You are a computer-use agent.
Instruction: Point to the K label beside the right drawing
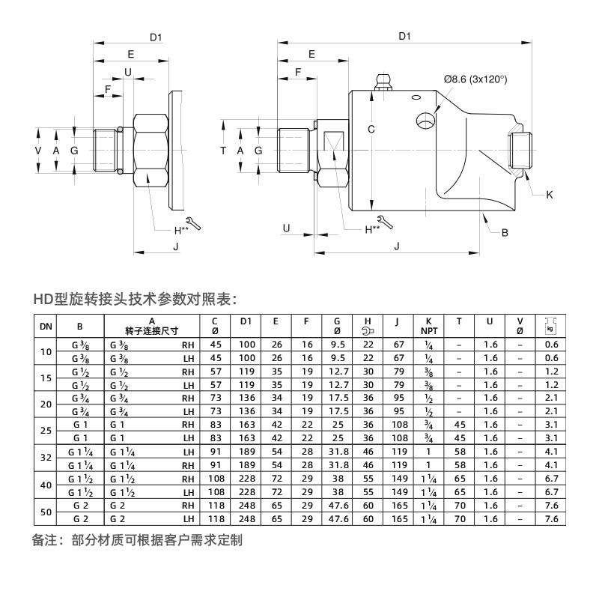click(x=549, y=195)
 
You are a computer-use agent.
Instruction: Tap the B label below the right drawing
click(x=505, y=232)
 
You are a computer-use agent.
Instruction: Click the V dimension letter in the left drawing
click(x=39, y=151)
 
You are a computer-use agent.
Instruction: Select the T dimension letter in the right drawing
click(x=223, y=151)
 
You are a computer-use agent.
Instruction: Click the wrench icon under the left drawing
click(x=192, y=223)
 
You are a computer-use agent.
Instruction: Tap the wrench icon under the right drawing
click(x=383, y=222)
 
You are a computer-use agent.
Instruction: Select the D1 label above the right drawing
click(x=404, y=36)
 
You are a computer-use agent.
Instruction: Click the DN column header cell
click(x=46, y=326)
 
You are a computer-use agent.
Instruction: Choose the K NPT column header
click(x=428, y=326)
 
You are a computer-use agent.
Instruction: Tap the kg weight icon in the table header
click(x=551, y=326)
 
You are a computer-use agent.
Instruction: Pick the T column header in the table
click(x=459, y=322)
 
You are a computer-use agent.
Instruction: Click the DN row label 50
click(x=46, y=512)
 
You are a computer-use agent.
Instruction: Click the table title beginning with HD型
click(x=135, y=297)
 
